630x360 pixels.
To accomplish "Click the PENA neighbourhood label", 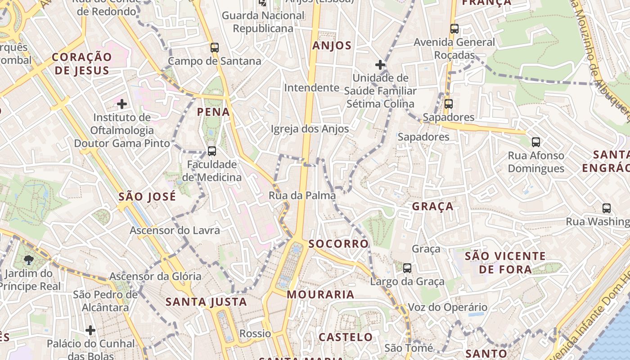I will point(213,112).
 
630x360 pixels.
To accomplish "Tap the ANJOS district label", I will point(332,45).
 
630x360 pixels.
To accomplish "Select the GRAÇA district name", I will point(432,207).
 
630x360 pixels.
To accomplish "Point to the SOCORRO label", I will point(338,244).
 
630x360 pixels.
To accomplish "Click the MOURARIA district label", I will point(320,295).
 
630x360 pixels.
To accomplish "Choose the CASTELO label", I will point(346,337).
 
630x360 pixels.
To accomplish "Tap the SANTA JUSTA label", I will point(207,302).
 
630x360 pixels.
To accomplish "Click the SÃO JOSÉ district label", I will point(147,197).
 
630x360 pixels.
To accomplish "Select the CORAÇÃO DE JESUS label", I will point(81,63).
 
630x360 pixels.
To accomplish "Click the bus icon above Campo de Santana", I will point(215,47).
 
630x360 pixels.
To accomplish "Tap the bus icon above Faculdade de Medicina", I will point(211,151).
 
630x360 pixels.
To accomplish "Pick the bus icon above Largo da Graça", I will point(407,268).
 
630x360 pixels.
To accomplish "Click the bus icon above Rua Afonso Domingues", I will point(535,142).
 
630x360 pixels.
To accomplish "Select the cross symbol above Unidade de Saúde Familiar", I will point(380,65).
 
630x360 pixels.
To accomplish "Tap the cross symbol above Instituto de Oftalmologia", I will point(121,104).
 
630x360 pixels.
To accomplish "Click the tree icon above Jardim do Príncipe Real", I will point(29,260).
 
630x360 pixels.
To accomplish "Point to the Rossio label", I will point(255,334).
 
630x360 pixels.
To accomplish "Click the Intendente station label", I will point(311,88).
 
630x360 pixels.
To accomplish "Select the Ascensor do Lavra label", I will point(175,230).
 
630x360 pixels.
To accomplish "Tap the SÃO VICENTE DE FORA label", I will point(505,263).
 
